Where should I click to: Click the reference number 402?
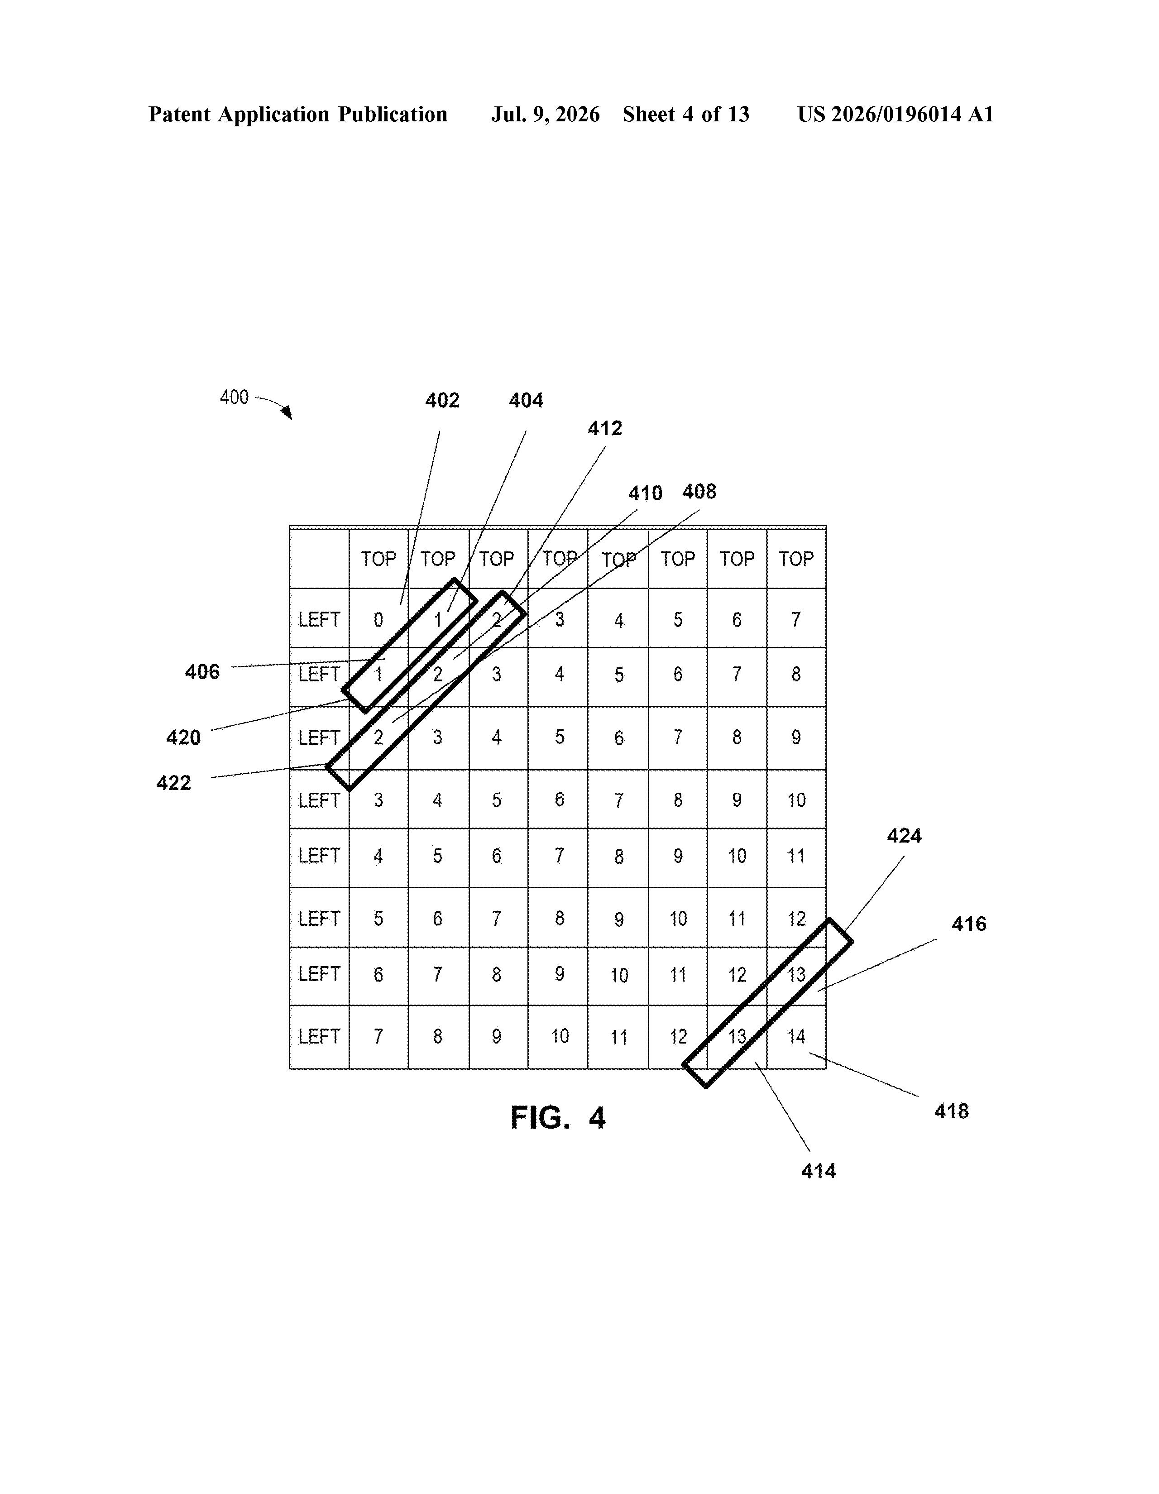click(442, 400)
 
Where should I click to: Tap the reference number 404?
click(526, 400)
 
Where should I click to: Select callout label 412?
click(605, 428)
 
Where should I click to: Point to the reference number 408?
click(699, 491)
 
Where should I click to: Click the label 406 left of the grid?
click(202, 672)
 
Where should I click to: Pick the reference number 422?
click(174, 783)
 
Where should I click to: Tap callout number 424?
click(904, 835)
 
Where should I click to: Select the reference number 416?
click(969, 924)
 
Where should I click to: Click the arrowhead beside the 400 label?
click(287, 412)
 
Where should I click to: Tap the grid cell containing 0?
click(378, 618)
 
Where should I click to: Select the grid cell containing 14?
click(796, 1036)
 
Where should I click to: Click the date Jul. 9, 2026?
click(545, 114)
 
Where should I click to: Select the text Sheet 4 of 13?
click(686, 114)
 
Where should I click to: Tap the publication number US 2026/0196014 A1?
click(896, 114)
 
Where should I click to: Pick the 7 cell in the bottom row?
click(378, 1036)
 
